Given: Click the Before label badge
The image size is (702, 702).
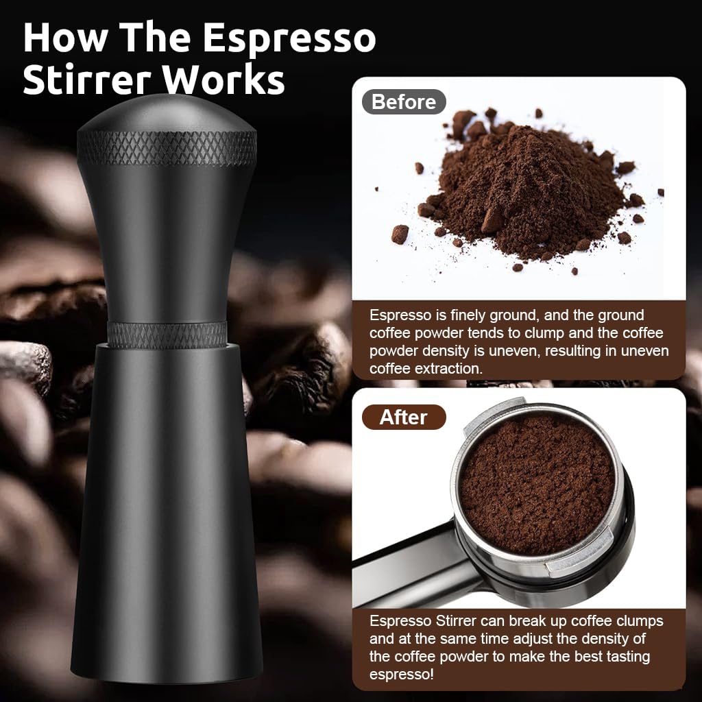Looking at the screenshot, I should pyautogui.click(x=403, y=102).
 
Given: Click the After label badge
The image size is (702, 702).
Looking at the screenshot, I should pyautogui.click(x=403, y=417).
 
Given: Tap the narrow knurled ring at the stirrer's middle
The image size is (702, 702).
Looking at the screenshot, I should pyautogui.click(x=167, y=334).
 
